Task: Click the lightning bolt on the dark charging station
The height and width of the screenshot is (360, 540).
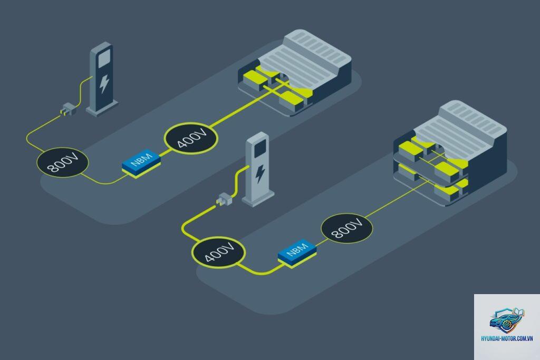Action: pos(104,84)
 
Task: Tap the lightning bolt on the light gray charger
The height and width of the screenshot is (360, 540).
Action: pos(260,174)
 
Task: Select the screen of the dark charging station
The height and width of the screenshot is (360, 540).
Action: pos(104,58)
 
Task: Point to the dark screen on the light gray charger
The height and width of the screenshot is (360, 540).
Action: pos(260,148)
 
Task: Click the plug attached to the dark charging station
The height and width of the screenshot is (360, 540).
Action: pos(68,110)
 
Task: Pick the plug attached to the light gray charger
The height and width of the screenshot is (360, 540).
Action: pos(224,199)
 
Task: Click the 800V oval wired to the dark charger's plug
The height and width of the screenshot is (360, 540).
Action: pos(62,162)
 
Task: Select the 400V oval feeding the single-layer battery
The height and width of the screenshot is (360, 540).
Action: pos(191,138)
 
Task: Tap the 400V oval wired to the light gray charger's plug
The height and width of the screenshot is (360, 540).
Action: pos(218,252)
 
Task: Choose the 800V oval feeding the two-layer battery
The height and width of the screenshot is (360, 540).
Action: pos(347,229)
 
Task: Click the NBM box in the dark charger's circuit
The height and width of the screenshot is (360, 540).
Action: pos(141,163)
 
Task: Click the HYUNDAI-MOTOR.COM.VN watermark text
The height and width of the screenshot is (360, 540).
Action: pos(507,339)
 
